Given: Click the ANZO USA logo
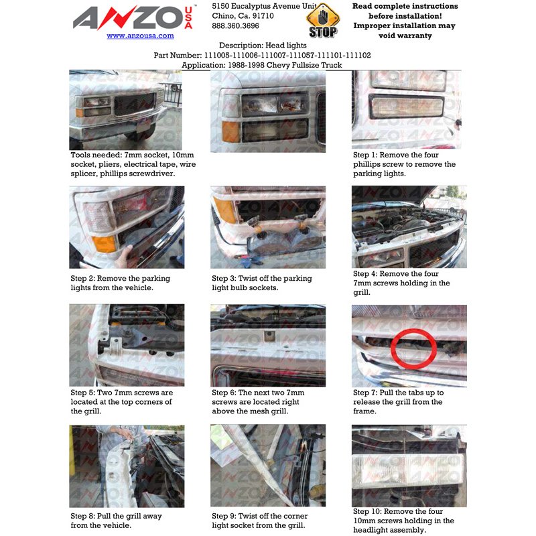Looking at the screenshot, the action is (x=133, y=17).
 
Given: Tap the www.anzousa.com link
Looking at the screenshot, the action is (x=140, y=36).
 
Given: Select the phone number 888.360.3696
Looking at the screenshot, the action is (x=235, y=25).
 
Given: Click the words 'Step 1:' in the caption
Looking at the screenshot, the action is (x=365, y=155).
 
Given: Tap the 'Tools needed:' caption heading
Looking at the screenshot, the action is (x=96, y=155).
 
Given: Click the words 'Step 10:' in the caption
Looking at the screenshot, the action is (x=367, y=511).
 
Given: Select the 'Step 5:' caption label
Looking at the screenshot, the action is (x=82, y=393).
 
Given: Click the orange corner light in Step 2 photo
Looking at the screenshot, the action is (x=105, y=243).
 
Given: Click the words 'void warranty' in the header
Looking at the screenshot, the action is (x=405, y=36).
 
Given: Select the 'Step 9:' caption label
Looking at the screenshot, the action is (x=224, y=516).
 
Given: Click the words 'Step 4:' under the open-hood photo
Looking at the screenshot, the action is (x=365, y=273).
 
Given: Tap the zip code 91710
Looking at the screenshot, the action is (x=263, y=15).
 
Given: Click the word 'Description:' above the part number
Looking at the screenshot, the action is (x=241, y=45).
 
